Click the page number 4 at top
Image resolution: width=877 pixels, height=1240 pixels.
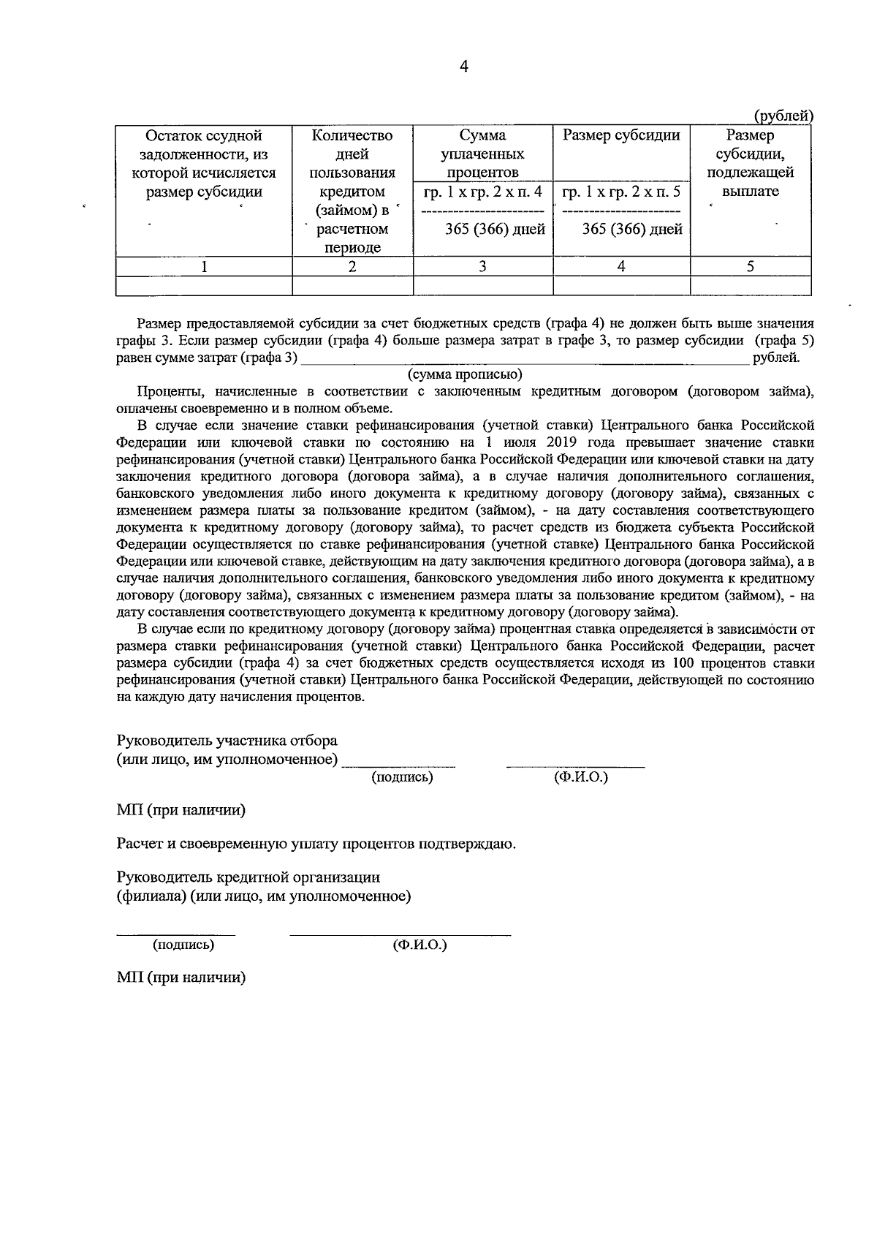[463, 67]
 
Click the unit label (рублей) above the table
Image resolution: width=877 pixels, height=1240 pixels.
[783, 116]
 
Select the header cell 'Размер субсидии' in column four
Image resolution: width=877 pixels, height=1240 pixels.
[621, 135]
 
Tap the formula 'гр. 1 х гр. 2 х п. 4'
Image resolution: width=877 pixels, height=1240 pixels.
[483, 192]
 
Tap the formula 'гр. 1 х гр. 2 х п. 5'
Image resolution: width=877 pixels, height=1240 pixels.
[621, 192]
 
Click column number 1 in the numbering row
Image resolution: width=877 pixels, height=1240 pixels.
[204, 267]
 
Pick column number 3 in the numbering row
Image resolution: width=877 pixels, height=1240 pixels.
[482, 267]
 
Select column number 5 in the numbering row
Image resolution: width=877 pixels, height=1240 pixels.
[750, 267]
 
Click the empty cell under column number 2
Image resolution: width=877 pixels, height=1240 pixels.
[352, 285]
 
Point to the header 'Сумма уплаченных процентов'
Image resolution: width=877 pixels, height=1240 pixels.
[482, 154]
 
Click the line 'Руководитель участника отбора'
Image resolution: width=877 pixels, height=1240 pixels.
[227, 741]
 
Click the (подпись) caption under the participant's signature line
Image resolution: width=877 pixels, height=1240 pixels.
[403, 777]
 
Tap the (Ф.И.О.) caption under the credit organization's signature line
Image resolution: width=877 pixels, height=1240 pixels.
[419, 945]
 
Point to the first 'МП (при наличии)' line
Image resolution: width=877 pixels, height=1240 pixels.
[181, 810]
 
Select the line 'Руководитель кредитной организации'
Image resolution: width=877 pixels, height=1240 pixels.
[248, 877]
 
